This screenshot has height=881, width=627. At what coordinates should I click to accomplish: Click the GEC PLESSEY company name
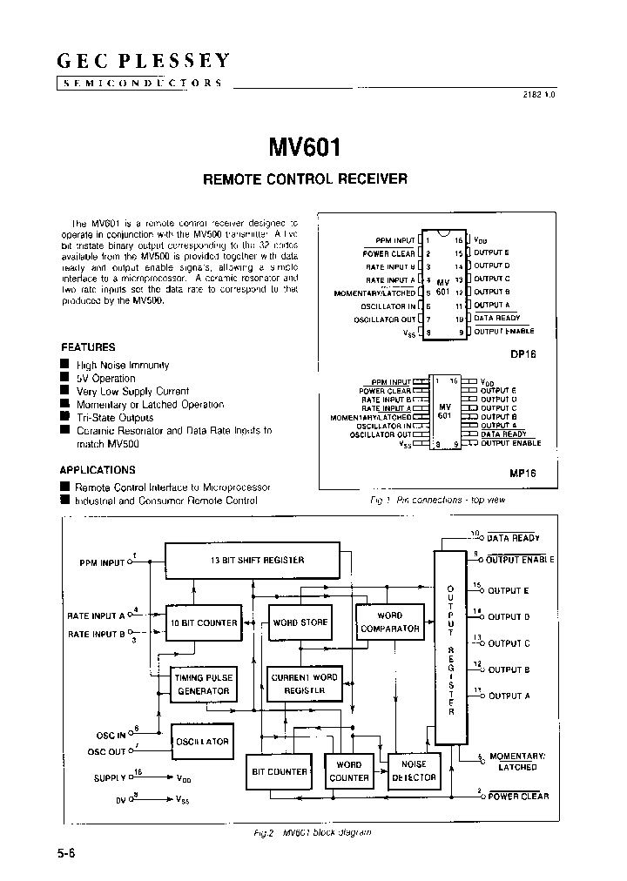coord(144,61)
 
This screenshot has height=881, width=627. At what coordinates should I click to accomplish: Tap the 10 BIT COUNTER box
coord(205,623)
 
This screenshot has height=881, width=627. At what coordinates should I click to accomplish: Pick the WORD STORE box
coord(300,623)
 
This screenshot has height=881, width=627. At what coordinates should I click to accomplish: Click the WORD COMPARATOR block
coord(389,622)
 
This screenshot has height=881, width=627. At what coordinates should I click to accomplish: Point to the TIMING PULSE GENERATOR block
coord(203,684)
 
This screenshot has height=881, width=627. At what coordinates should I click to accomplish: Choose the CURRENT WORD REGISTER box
coord(304,683)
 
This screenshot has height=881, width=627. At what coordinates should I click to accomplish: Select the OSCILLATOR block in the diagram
coord(202,742)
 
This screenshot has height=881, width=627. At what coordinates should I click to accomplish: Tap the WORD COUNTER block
coord(349,771)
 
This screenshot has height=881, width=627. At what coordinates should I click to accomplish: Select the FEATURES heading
coord(88,346)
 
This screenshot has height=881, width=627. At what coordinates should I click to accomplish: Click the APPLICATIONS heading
coord(98,469)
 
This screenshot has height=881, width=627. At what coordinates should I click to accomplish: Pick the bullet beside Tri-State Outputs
coord(64,417)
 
